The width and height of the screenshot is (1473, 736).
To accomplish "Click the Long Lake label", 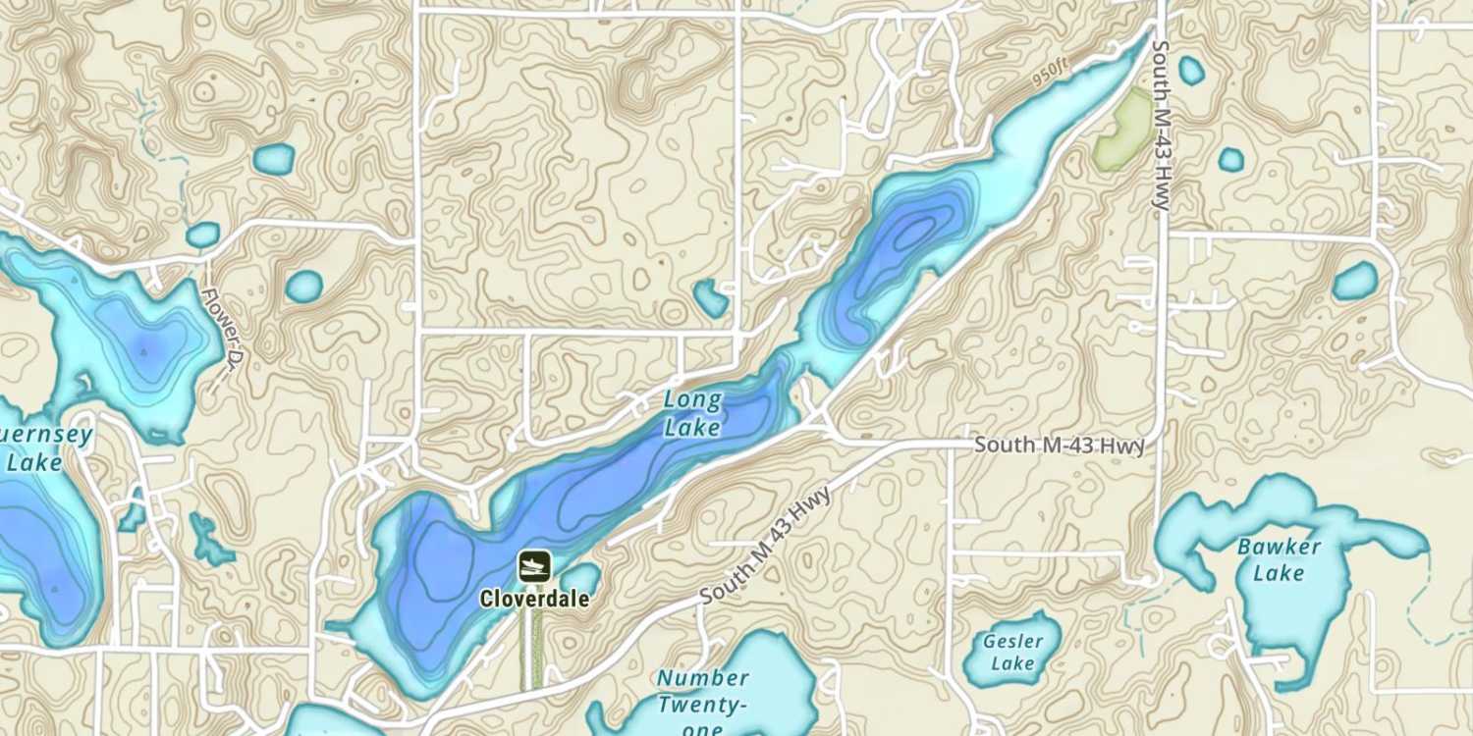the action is [692, 413].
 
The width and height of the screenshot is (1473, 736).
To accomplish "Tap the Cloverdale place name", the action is [534, 598].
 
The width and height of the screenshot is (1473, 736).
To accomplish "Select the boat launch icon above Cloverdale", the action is [534, 566].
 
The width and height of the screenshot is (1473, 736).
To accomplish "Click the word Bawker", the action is [1279, 547].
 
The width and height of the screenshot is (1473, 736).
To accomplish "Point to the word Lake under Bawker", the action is [1279, 573].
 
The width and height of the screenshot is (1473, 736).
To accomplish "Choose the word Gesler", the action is [1012, 642].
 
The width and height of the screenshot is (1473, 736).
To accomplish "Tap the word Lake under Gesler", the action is [1012, 664].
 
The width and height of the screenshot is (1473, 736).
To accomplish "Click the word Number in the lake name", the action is [703, 678].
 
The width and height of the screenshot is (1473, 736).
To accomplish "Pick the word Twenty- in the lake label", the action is [703, 705].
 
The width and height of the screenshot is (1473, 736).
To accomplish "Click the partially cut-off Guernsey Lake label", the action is [39, 447].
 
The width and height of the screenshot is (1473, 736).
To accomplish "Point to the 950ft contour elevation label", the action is [1050, 72].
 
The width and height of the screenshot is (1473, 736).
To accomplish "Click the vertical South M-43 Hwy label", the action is [1162, 126].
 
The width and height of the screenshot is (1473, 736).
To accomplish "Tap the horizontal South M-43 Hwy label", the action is [1059, 446].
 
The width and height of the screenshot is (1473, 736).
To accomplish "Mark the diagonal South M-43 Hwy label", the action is [766, 546].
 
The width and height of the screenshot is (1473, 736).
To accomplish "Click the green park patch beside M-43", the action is [1124, 129].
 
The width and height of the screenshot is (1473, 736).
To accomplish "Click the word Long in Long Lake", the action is [692, 400].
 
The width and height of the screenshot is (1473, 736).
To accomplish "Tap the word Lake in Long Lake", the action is [692, 428].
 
